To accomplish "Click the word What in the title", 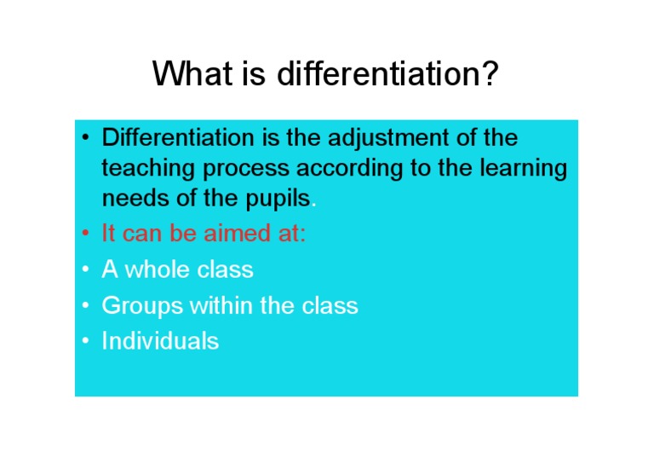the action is [x=192, y=73].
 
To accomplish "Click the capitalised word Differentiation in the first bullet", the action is [x=178, y=137].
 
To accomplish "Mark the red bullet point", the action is [x=85, y=233].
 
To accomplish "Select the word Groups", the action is [x=143, y=306].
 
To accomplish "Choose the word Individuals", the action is [x=161, y=341].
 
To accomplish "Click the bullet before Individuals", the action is [x=85, y=341].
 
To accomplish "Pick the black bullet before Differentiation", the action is [x=85, y=137].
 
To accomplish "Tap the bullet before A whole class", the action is [x=85, y=269].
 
